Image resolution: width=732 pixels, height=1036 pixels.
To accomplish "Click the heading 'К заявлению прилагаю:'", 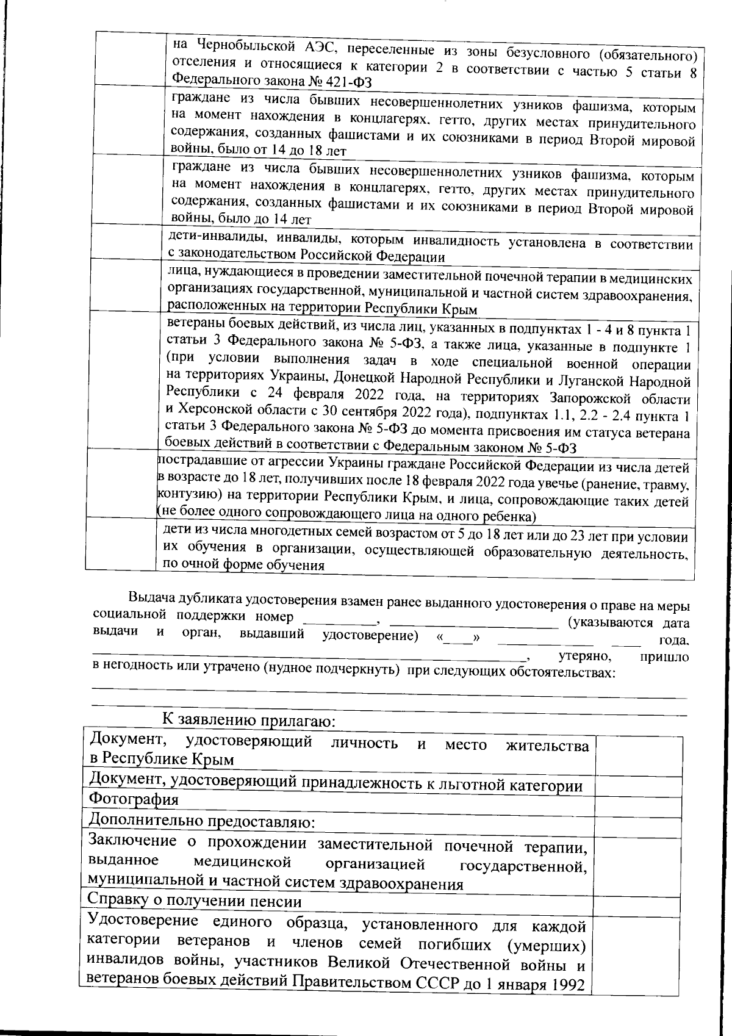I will click(249, 721).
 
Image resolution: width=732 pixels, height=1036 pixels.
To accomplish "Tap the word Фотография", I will click(134, 800).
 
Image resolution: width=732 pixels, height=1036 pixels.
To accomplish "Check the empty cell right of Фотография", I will click(638, 807).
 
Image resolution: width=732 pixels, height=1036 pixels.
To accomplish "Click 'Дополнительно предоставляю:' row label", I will click(201, 821).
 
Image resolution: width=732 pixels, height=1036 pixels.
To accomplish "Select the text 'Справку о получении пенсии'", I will click(195, 901).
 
